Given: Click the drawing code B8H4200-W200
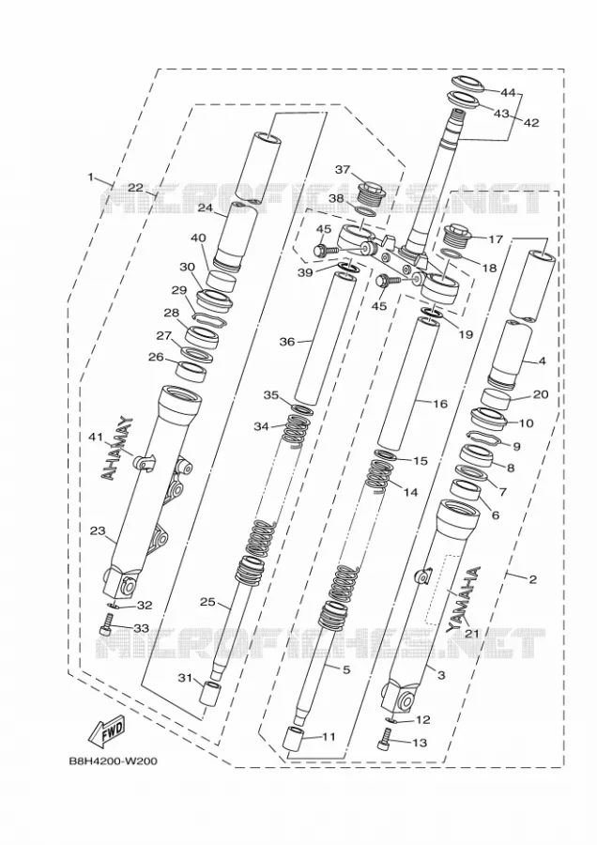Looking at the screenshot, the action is point(114,761).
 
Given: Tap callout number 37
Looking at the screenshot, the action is point(343,170).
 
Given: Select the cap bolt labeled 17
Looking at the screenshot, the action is point(456,236).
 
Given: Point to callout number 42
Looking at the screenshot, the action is point(530,122).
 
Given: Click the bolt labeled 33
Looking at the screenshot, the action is point(105,629).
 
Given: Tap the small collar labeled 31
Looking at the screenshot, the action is point(209,695).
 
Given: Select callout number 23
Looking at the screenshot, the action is point(98,530).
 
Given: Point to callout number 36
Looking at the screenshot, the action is point(287,342).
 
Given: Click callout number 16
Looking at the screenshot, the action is point(440,403).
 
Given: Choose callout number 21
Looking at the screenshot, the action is point(472,634).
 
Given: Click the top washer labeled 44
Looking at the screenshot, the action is point(467,84).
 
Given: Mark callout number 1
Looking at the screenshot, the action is point(90,177).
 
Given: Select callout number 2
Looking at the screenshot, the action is point(532,579).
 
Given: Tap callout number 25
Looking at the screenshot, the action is point(207,602).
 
